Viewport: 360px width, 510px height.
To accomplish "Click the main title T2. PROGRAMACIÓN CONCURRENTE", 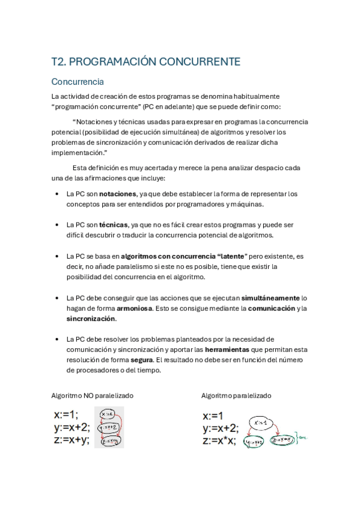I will tap(146, 62).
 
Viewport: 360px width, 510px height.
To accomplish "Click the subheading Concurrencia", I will tap(78, 81).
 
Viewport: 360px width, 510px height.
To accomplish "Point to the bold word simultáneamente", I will tap(269, 298).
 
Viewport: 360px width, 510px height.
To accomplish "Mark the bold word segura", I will tap(142, 360).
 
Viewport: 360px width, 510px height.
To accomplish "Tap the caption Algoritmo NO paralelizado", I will tap(93, 396).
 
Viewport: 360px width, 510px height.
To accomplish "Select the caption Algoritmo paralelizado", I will tap(236, 396).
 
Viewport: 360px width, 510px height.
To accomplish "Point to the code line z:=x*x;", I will tap(219, 441).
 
